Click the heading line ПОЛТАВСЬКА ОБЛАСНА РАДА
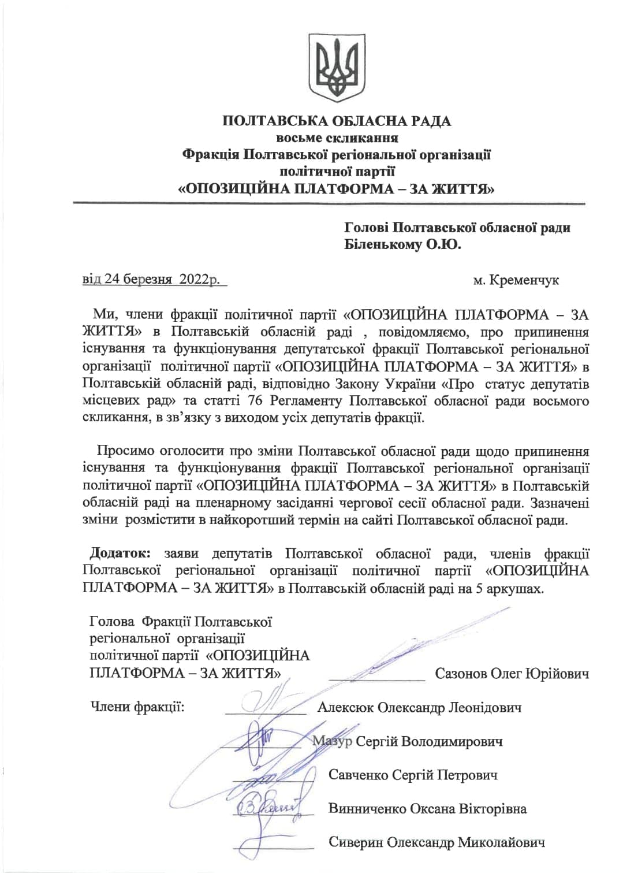click(337, 121)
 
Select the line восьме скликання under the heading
click(337, 138)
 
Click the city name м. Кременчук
click(516, 281)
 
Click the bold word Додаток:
click(120, 553)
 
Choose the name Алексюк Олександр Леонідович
click(419, 707)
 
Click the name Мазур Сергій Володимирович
click(408, 741)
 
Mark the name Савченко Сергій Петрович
click(413, 775)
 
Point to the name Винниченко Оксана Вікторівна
click(427, 808)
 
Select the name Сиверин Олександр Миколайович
click(437, 842)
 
